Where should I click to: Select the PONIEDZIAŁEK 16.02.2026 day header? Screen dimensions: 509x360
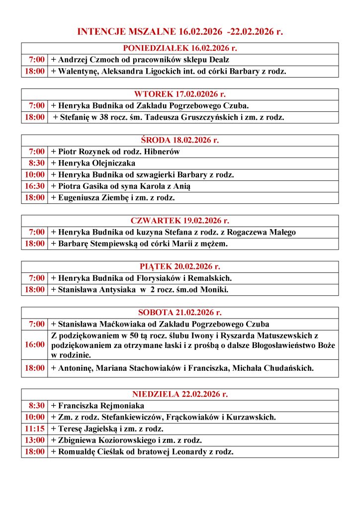pos(180,48)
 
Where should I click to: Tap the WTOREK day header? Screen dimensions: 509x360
pos(180,94)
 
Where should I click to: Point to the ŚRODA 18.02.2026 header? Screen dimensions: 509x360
pos(180,140)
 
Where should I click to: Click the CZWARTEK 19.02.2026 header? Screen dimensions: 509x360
pos(180,221)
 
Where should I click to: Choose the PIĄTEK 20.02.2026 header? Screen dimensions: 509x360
pos(180,266)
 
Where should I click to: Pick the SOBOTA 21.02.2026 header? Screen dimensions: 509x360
pos(180,313)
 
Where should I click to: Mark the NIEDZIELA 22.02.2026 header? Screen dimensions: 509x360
pos(180,394)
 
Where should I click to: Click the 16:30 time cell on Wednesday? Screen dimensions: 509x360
pos(35,186)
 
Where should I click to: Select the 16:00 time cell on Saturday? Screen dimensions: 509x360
pos(35,344)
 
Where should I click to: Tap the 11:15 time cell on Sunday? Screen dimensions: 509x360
pos(35,428)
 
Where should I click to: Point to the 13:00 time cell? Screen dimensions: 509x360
pos(35,440)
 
